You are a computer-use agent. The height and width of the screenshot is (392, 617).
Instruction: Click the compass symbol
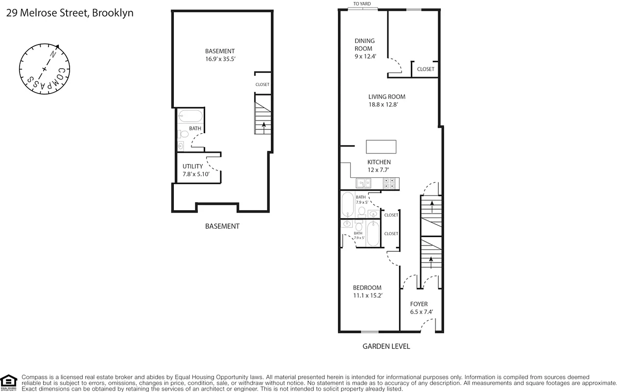click(45, 68)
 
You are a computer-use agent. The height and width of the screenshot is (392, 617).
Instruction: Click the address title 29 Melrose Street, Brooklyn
click(70, 13)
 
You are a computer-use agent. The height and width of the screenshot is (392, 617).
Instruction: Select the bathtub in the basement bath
click(190, 117)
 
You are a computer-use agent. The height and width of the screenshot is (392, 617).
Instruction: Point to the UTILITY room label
click(192, 166)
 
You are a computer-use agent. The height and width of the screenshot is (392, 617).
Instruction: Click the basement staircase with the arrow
click(262, 115)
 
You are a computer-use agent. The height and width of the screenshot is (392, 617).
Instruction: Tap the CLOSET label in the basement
click(262, 84)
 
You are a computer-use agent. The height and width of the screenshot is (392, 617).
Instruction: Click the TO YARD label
click(362, 4)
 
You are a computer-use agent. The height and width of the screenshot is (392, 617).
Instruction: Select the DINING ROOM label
click(364, 45)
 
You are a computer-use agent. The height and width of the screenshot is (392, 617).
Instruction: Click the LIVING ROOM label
click(386, 97)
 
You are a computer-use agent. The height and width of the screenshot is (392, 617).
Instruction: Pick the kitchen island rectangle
click(381, 147)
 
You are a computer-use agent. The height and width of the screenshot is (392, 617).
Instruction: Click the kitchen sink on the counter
click(363, 183)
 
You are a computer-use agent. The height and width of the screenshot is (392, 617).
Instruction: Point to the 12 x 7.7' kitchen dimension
click(379, 170)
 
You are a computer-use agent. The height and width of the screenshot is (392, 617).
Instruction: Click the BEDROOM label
click(367, 288)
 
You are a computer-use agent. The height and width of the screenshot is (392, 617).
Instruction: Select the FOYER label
click(419, 304)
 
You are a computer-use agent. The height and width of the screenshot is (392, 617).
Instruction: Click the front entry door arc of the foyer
click(428, 325)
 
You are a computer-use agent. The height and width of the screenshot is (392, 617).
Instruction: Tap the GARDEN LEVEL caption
click(386, 346)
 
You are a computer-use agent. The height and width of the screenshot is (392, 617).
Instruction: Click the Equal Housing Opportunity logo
click(8, 382)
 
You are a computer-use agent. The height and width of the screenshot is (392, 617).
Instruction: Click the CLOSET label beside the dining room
click(425, 69)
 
